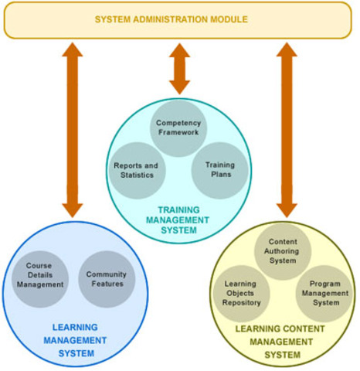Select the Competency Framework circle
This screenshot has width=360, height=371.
[178, 128]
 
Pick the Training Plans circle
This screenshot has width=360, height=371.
[219, 169]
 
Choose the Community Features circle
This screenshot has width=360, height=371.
[106, 279]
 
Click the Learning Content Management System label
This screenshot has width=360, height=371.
[281, 341]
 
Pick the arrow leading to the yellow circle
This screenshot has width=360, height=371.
[287, 129]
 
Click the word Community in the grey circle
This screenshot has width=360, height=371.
[106, 274]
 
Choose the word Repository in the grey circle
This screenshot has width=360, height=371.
[242, 304]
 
